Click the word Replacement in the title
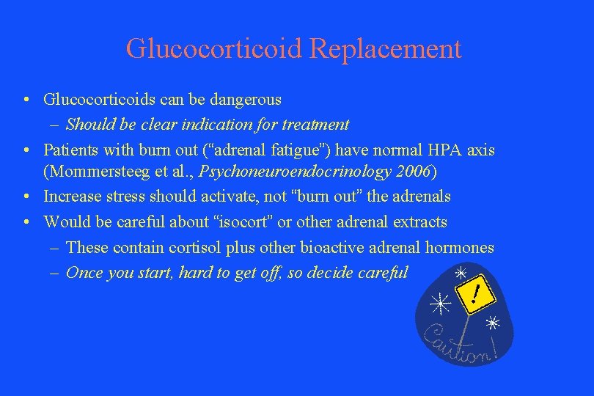[x=386, y=49]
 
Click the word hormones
[x=461, y=248]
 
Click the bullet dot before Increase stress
[x=26, y=197]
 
